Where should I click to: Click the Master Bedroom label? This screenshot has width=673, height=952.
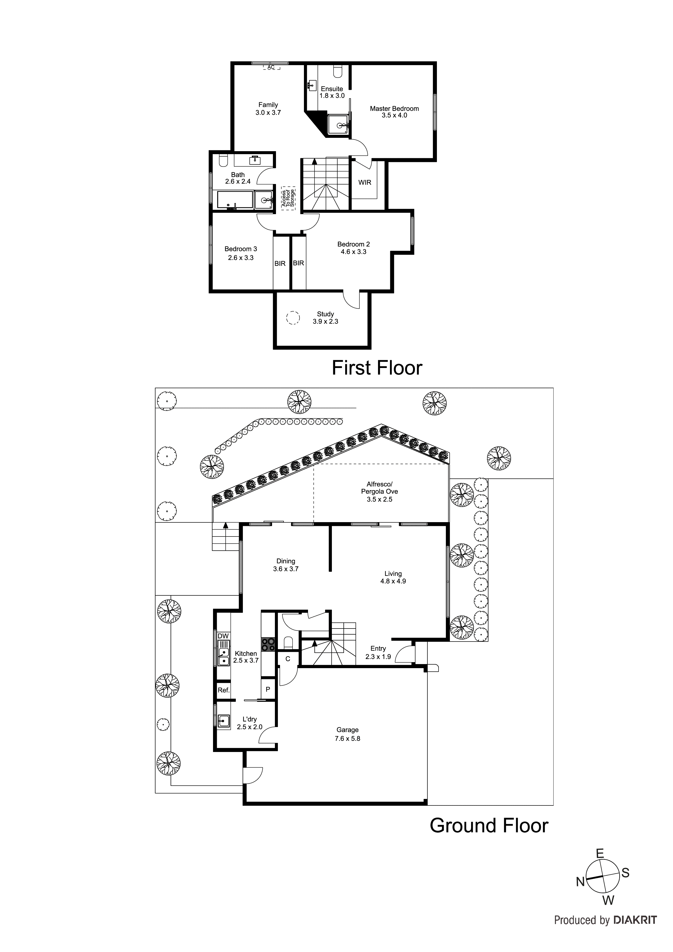click(x=394, y=109)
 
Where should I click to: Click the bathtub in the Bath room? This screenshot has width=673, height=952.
click(x=235, y=200)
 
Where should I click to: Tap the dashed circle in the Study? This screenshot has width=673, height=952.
click(x=293, y=318)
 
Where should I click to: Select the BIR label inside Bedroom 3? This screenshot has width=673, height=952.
click(x=280, y=264)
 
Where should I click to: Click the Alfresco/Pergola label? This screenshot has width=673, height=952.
click(x=379, y=488)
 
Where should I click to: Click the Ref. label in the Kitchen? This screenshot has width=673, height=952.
click(x=224, y=690)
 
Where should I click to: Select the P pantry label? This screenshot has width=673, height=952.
click(x=268, y=690)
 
